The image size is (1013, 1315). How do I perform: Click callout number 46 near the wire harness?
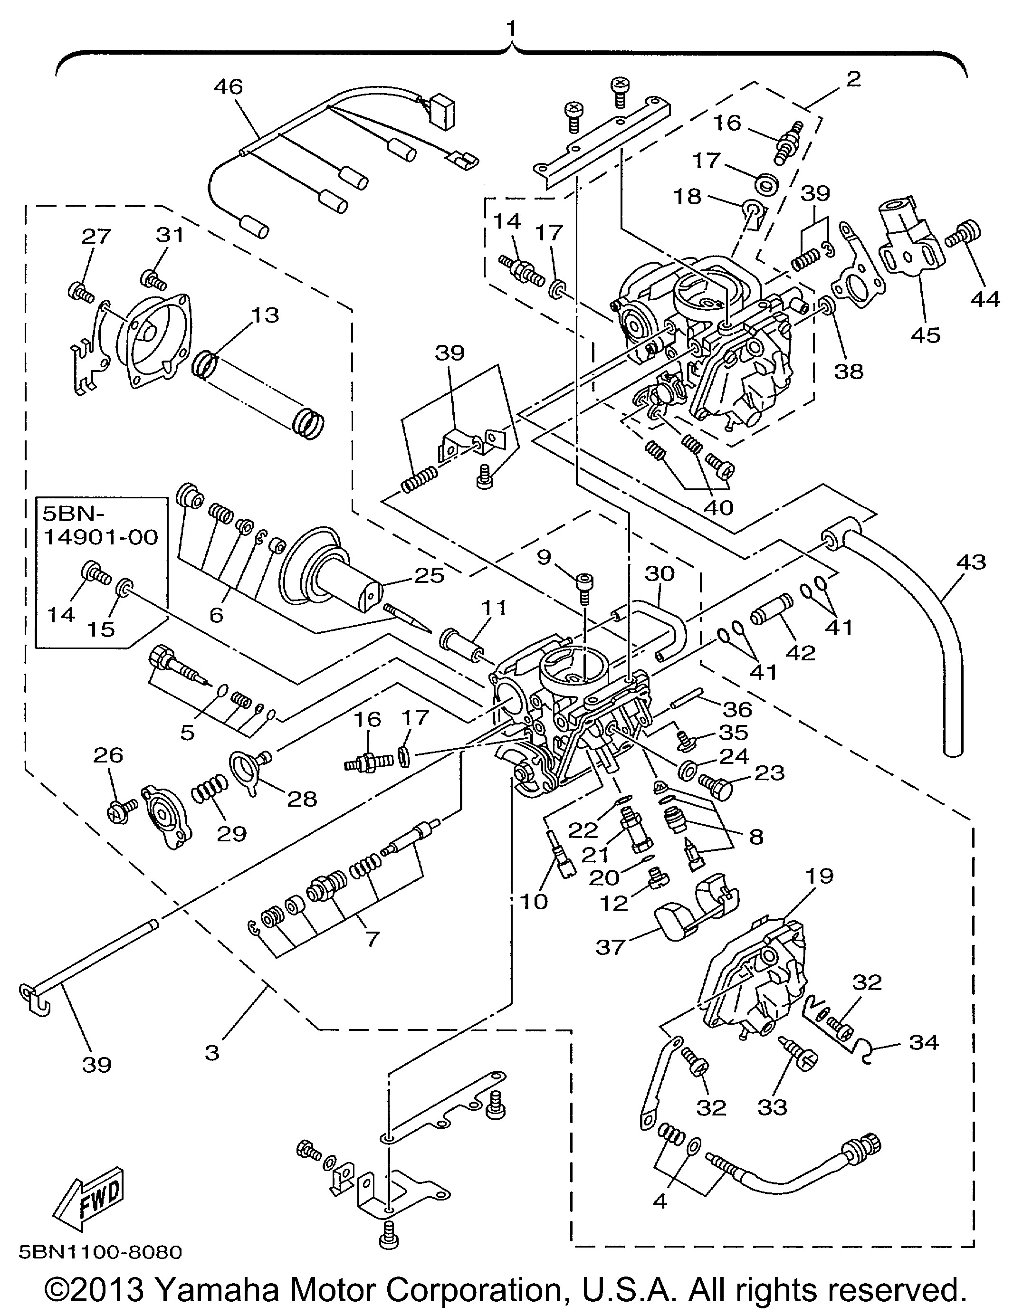point(228,87)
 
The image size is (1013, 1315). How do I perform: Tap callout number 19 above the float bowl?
point(817,876)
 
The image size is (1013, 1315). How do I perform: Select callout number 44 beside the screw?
point(984,299)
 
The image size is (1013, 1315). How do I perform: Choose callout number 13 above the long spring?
point(266,315)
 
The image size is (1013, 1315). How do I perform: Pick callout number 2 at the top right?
point(853,79)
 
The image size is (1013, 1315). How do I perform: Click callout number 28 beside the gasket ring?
point(302,799)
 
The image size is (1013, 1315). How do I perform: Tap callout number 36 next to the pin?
point(738,709)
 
